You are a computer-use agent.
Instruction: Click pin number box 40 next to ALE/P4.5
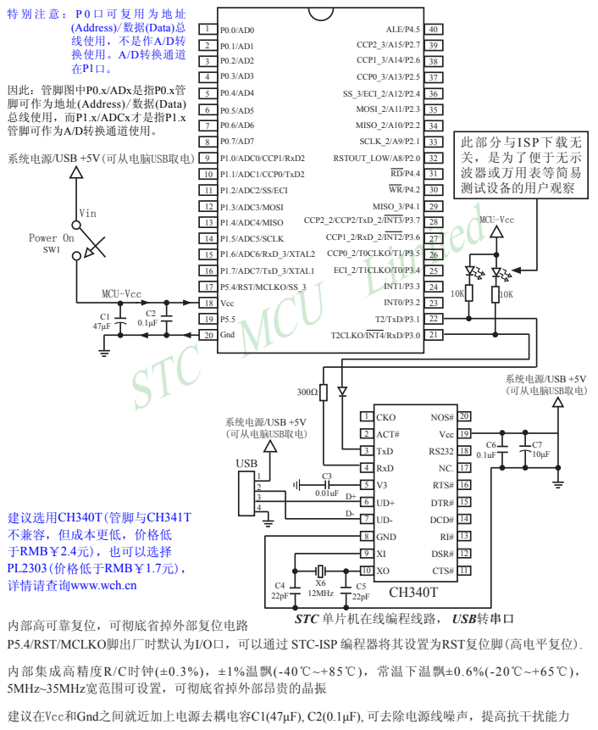(432, 29)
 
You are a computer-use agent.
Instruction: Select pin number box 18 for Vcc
(207, 303)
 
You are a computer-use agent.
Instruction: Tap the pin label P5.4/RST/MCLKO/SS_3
(263, 287)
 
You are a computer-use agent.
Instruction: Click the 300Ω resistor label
(306, 392)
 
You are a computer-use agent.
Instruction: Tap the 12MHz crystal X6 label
(319, 588)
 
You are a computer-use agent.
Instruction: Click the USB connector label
(246, 464)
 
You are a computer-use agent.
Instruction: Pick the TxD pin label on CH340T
(385, 451)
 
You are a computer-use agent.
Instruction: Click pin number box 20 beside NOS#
(465, 417)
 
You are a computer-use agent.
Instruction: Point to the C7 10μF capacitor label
(540, 449)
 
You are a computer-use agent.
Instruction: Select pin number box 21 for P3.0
(432, 335)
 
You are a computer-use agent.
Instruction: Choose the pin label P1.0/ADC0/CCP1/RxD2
(262, 159)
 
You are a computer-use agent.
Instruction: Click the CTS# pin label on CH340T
(442, 571)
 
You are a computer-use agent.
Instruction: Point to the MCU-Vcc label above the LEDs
(496, 221)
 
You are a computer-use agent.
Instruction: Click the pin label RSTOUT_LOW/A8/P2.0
(376, 158)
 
